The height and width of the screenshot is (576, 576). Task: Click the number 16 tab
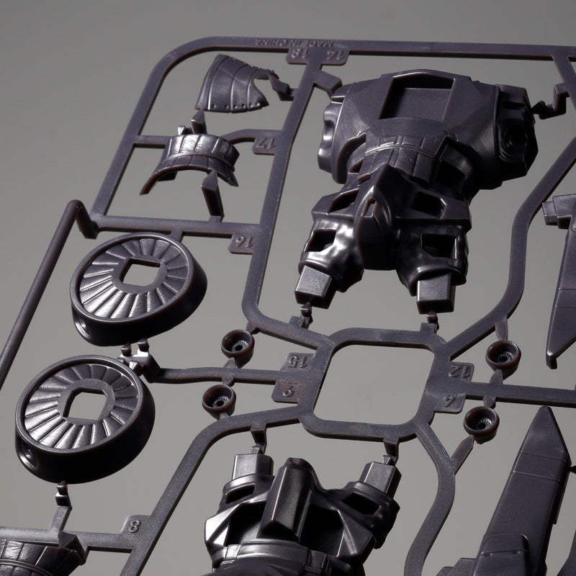coord(235,242)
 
